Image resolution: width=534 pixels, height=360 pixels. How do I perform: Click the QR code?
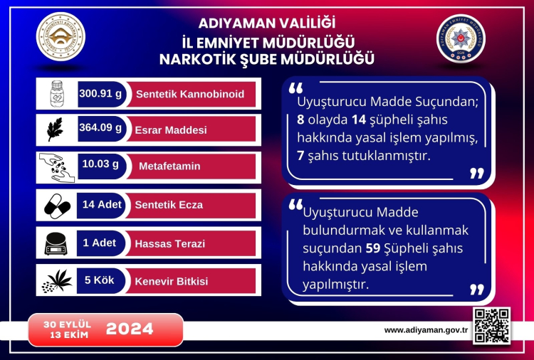tap(492, 326)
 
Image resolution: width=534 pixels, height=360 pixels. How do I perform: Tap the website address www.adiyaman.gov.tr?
tap(426, 330)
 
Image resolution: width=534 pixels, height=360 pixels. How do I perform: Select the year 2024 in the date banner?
tap(130, 329)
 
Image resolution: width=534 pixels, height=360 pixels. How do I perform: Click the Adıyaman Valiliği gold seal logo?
tap(61, 36)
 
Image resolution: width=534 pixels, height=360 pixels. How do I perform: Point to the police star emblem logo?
tap(461, 38)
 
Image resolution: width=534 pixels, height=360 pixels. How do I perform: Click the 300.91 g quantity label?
tap(100, 94)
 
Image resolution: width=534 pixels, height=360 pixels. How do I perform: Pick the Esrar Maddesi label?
tap(171, 130)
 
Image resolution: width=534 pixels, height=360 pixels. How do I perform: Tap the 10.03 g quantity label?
tap(100, 164)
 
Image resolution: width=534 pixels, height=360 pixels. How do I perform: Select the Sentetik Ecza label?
tap(169, 205)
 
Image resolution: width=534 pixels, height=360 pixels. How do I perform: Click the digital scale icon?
tap(56, 243)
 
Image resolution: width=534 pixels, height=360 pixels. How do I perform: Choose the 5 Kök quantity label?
tap(100, 280)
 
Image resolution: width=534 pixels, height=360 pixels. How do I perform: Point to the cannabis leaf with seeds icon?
tap(57, 281)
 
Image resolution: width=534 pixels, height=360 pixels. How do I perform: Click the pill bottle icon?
tap(57, 94)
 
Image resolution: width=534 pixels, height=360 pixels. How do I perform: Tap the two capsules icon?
tap(57, 206)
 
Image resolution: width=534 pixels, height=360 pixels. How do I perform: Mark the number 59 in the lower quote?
tap(373, 248)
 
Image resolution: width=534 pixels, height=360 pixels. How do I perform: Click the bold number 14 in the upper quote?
tap(359, 120)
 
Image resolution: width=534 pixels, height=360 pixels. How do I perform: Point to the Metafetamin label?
tap(169, 166)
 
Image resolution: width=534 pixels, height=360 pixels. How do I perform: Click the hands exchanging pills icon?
tap(56, 168)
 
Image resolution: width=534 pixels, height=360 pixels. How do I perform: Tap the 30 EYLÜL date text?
tap(67, 324)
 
